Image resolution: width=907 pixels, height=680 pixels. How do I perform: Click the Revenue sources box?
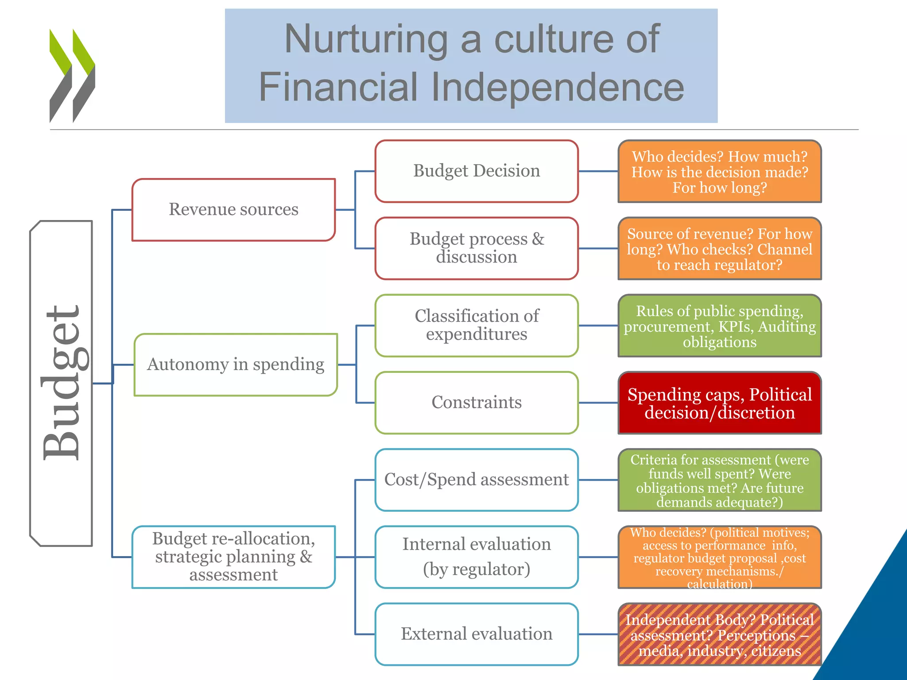(x=233, y=209)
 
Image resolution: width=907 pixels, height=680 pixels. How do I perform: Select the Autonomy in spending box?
(x=236, y=364)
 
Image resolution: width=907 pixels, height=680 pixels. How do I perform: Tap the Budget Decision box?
(x=477, y=171)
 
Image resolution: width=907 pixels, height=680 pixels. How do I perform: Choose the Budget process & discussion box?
(x=477, y=248)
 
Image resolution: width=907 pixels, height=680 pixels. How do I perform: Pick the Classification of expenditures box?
(x=477, y=325)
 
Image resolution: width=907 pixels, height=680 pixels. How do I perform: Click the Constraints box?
(x=477, y=402)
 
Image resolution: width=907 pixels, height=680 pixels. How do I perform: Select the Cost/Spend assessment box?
(x=477, y=480)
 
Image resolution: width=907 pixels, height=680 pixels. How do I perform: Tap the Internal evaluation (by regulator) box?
(x=477, y=557)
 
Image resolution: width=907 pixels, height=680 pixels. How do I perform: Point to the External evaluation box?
(x=477, y=634)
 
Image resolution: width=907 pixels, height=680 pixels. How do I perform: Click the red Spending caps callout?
(x=720, y=403)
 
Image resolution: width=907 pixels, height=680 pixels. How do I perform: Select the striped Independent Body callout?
(x=720, y=634)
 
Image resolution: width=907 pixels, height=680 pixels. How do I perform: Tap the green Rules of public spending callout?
(x=720, y=326)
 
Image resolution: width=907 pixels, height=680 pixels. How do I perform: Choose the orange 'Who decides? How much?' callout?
(x=720, y=171)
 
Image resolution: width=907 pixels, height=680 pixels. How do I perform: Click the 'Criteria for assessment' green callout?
(x=720, y=480)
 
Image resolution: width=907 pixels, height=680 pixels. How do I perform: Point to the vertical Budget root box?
(x=61, y=383)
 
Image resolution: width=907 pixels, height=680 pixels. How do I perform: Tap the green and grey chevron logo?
(x=72, y=76)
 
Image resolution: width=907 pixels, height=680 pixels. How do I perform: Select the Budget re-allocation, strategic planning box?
(x=233, y=557)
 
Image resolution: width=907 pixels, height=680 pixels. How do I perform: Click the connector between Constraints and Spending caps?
(x=598, y=403)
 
